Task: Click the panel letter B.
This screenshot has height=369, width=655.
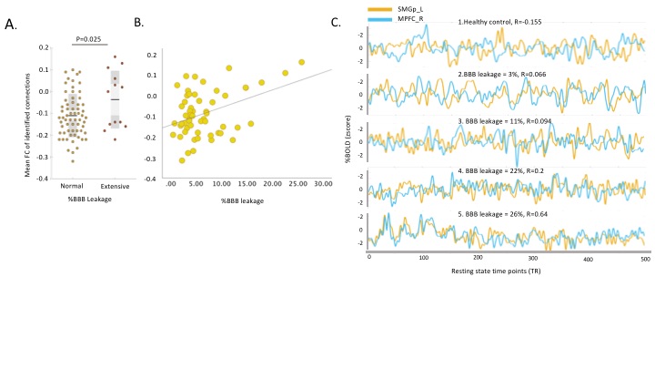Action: click(139, 23)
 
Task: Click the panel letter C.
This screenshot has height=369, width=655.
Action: click(336, 23)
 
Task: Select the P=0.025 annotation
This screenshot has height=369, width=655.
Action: click(89, 40)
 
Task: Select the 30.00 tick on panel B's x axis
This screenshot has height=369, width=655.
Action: click(322, 185)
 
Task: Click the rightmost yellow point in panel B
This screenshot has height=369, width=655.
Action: click(301, 63)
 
